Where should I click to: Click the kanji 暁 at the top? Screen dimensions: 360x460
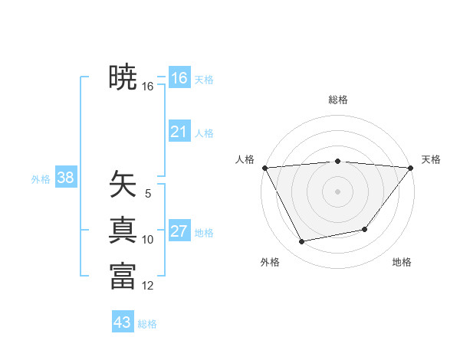[123, 77]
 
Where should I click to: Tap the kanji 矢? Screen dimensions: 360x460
[123, 184]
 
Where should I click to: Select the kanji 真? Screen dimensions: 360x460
[123, 230]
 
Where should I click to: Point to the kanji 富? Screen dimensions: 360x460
[123, 276]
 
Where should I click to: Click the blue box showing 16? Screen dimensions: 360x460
[179, 78]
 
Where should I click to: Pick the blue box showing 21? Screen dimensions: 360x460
[179, 132]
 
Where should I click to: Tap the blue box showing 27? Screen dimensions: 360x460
[179, 231]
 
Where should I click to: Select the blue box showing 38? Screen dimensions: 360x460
[65, 178]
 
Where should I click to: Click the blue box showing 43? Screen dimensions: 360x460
[123, 322]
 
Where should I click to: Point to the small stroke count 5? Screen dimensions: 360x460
[148, 194]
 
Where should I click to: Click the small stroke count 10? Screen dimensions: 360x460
[148, 240]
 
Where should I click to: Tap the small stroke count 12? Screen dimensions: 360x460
[148, 286]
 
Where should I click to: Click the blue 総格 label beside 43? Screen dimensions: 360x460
[147, 324]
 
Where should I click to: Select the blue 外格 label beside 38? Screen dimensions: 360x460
[41, 179]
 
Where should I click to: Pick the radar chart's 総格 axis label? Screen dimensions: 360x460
[338, 100]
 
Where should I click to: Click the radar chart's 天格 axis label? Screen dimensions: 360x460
[431, 159]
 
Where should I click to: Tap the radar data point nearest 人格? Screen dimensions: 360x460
[264, 167]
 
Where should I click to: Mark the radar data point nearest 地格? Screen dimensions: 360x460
[365, 229]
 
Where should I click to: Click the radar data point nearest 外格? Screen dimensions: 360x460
[302, 242]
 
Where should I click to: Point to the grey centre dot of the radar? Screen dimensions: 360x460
[338, 191]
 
